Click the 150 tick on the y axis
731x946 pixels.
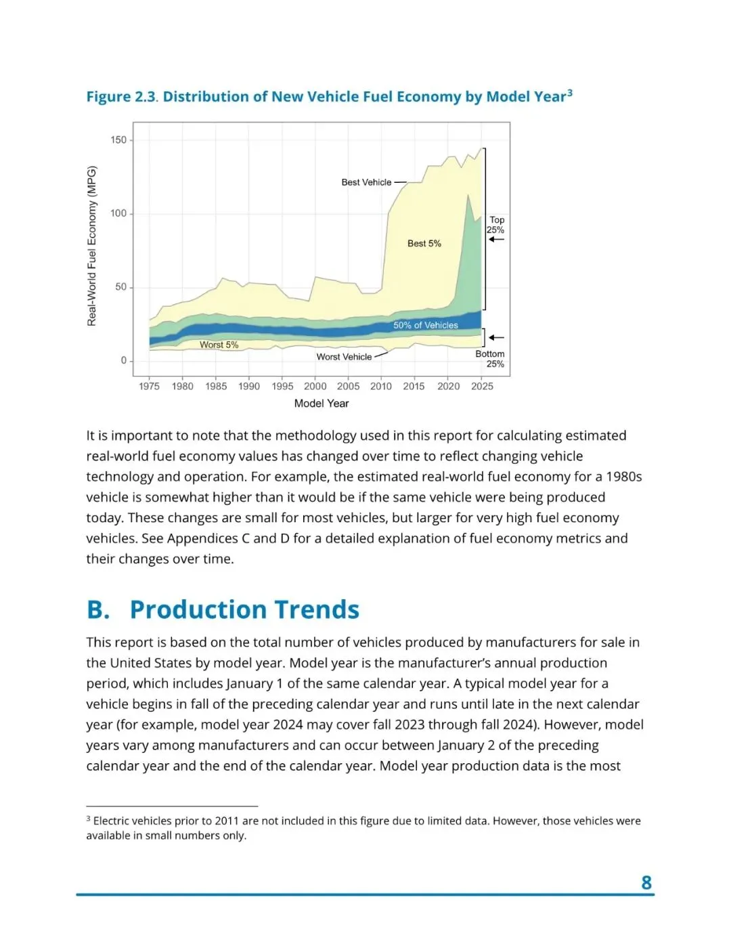(x=118, y=140)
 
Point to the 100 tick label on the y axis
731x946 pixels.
(x=118, y=213)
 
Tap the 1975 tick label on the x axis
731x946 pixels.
(x=149, y=386)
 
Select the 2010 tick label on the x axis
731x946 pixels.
(x=381, y=386)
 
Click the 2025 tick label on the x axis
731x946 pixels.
(x=482, y=386)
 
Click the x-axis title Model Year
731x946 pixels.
(x=322, y=404)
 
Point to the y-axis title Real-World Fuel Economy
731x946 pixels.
(x=92, y=246)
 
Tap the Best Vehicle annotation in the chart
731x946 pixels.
(x=366, y=182)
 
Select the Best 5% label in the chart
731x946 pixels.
(x=424, y=243)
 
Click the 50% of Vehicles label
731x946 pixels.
(x=426, y=325)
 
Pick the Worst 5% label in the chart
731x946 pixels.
(x=219, y=345)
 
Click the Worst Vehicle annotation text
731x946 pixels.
(x=344, y=357)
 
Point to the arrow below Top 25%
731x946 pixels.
(x=497, y=240)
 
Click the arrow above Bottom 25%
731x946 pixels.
(x=497, y=337)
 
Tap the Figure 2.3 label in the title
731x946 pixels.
(x=121, y=97)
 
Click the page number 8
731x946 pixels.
(x=646, y=882)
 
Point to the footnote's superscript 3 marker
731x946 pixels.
(x=88, y=819)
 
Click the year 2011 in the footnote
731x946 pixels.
(x=227, y=821)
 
